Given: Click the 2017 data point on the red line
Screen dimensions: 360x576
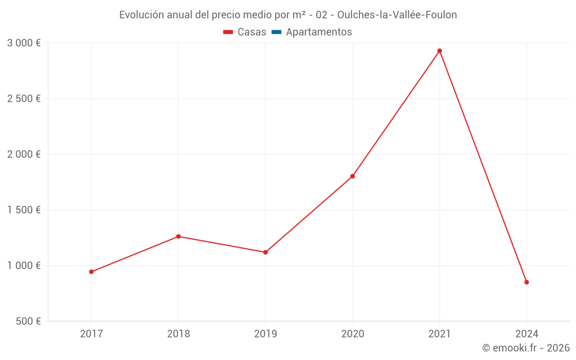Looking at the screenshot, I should [91, 272].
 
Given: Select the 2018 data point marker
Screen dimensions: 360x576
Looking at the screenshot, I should [179, 237].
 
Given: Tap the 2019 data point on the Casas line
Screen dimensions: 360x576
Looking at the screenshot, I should [266, 252].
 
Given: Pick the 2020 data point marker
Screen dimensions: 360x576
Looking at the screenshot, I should [353, 176].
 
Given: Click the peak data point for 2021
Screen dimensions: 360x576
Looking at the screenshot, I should [439, 51].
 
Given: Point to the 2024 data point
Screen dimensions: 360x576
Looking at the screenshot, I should [526, 282].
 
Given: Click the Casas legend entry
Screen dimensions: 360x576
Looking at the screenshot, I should [245, 32].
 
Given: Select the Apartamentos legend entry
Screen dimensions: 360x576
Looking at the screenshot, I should [312, 32].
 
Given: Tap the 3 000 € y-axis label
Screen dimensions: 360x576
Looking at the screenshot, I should [24, 43].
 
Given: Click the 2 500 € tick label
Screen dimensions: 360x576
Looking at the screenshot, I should [24, 98].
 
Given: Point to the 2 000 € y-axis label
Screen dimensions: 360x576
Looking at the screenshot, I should [24, 154].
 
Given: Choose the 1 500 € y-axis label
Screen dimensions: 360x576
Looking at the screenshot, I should [24, 210].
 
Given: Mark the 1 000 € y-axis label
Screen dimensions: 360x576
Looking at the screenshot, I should [24, 266].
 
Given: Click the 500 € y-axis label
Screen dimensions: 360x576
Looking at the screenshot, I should [27, 321].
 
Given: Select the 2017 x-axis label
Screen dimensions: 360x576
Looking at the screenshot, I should [91, 334].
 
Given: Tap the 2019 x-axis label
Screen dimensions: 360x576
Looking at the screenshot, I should [266, 334].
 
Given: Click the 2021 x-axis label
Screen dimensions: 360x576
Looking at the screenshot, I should [439, 334].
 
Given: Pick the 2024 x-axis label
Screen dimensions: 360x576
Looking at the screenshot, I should [526, 334].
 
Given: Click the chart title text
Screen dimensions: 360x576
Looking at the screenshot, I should [288, 15].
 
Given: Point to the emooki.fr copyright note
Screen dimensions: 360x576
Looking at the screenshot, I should [526, 348].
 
